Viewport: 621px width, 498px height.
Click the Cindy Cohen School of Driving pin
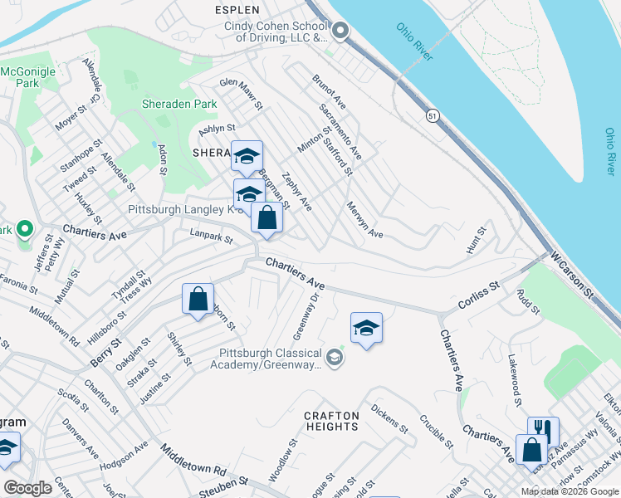click(340, 31)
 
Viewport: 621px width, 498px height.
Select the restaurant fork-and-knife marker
click(543, 430)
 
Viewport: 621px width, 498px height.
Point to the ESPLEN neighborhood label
click(237, 10)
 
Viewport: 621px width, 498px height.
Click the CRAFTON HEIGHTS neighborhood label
click(331, 421)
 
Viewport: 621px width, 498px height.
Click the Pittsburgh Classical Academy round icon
click(335, 358)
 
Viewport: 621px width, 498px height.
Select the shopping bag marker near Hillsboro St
click(198, 300)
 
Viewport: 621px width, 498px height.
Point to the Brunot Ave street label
click(329, 91)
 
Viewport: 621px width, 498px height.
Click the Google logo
click(27, 488)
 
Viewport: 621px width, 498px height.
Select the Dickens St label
click(389, 419)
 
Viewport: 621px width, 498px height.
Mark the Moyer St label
click(71, 120)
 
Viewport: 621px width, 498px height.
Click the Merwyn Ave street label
click(364, 220)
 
